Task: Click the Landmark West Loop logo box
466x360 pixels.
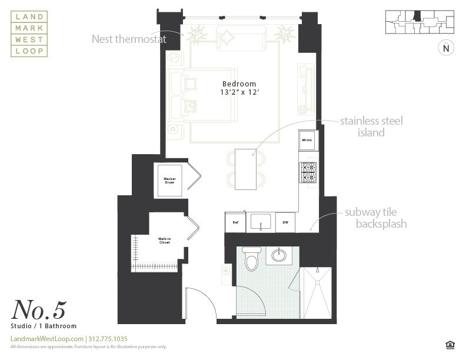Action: [x=29, y=34]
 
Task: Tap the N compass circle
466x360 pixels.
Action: [x=446, y=48]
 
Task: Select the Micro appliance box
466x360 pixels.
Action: [x=307, y=140]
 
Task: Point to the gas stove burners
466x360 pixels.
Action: [x=308, y=172]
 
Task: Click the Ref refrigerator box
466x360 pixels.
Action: [x=235, y=222]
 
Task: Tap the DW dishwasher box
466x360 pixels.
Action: [x=285, y=222]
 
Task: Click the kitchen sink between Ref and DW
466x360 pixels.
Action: [x=260, y=222]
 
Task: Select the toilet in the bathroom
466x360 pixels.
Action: [x=252, y=259]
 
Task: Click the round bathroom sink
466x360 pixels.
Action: [x=279, y=255]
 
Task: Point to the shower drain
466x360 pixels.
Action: [x=317, y=272]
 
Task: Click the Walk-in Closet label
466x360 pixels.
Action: [x=164, y=240]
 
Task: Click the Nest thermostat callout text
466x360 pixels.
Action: [x=129, y=39]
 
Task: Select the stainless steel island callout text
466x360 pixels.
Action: [x=371, y=127]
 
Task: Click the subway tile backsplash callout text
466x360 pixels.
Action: [x=375, y=219]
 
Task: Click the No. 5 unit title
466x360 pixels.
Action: [x=39, y=310]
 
